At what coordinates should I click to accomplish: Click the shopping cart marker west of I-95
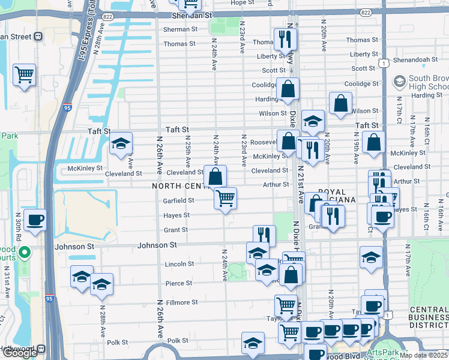[x=25, y=76]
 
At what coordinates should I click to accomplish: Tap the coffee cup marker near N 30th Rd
[x=35, y=220]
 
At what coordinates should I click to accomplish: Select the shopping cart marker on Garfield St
[x=225, y=198]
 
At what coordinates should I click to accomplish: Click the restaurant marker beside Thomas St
[x=285, y=40]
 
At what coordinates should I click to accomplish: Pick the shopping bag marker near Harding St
[x=288, y=89]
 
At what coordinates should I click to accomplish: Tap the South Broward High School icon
[x=399, y=81]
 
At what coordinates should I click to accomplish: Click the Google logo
[x=20, y=353]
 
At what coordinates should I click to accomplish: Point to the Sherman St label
[x=181, y=29]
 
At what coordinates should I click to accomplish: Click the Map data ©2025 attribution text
[x=423, y=355]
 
